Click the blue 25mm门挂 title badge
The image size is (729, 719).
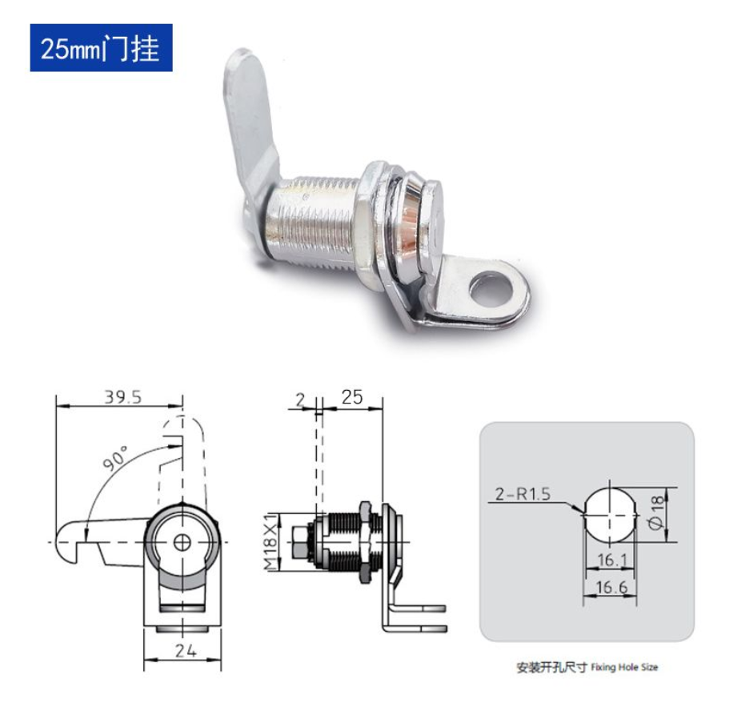point(101,48)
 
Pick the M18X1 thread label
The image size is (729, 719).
point(272,541)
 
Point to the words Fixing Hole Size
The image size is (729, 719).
point(624,666)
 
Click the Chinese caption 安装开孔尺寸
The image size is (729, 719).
point(552,666)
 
